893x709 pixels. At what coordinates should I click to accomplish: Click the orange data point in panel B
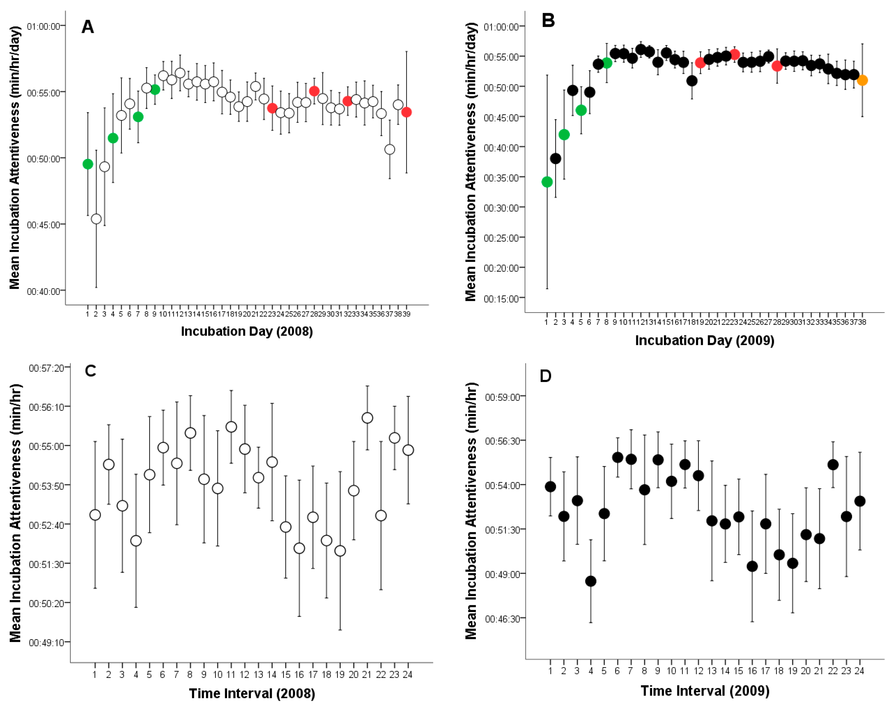[862, 80]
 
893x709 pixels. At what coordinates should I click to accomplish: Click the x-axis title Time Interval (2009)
[705, 691]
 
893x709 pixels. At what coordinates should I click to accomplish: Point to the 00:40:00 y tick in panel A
[45, 291]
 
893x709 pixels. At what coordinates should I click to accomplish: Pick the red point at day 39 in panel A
[406, 112]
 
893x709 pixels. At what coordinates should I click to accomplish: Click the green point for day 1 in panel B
[547, 182]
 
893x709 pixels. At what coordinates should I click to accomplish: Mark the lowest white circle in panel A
[96, 219]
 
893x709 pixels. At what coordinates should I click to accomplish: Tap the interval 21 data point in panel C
[367, 418]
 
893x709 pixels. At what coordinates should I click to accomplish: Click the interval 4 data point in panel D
[591, 581]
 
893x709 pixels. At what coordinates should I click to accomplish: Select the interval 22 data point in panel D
[833, 465]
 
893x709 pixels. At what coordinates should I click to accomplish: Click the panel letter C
[90, 371]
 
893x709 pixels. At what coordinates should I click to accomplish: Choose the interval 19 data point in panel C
[340, 551]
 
